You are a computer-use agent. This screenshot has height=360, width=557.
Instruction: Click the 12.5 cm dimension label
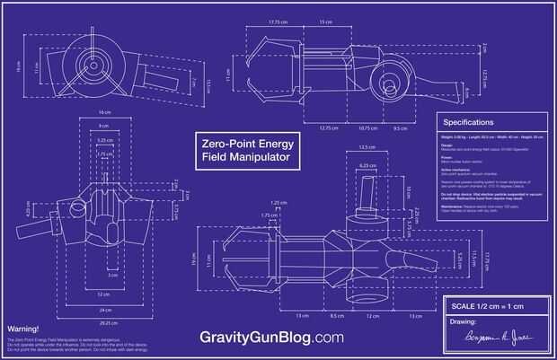[x=366, y=147]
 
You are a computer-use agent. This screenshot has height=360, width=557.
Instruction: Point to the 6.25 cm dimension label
[x=367, y=165]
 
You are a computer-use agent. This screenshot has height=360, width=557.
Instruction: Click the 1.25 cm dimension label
[x=277, y=203]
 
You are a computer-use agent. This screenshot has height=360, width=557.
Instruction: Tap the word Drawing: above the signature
[x=462, y=321]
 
